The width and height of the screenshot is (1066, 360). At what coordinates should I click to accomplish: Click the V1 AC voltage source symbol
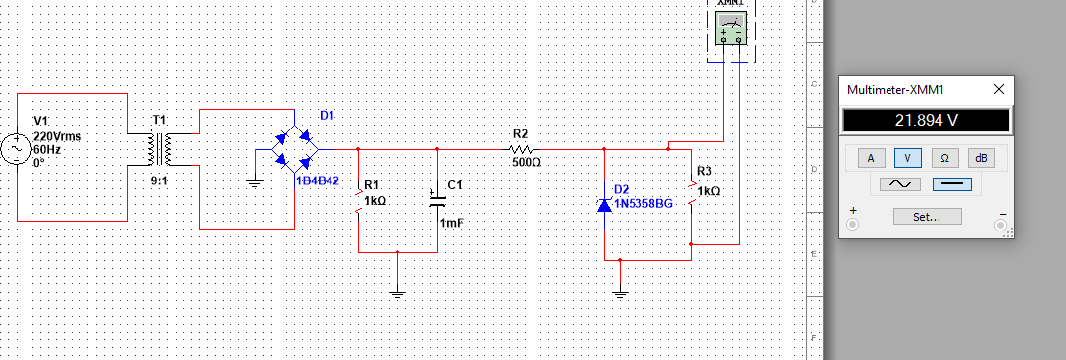17,149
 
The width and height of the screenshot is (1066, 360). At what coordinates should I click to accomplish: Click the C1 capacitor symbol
437,200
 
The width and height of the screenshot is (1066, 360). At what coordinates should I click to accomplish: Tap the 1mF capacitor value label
452,224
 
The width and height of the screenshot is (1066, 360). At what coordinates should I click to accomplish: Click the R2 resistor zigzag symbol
521,149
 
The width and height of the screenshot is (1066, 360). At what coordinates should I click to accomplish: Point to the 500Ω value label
526,162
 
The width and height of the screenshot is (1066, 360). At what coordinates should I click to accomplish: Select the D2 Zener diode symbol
604,205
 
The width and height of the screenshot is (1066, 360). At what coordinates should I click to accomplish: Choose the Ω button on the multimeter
943,157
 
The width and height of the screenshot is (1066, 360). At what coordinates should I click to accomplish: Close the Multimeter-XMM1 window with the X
998,89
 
